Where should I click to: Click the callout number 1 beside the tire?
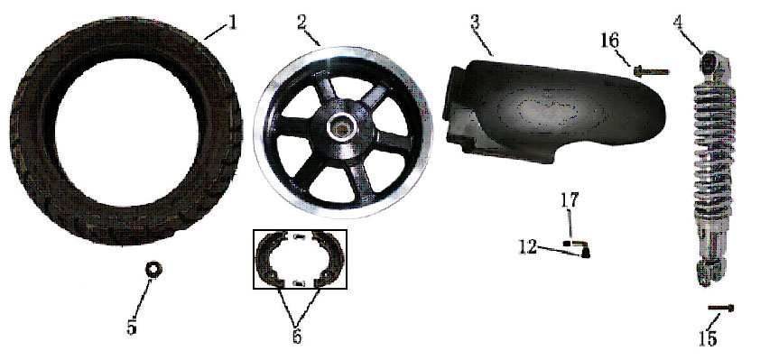coord(233,22)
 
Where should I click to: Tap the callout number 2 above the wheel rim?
coord(302,23)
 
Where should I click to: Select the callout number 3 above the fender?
coord(475,23)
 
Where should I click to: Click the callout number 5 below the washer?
coord(132,327)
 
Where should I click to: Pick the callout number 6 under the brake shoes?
coord(297,336)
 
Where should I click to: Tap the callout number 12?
coord(528,247)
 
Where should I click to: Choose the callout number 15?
coord(707,338)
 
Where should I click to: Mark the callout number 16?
coord(610,41)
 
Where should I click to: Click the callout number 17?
coord(570,200)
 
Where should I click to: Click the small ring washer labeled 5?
coord(154,269)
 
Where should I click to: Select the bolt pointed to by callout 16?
coord(651,71)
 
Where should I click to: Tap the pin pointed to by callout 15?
coord(721,307)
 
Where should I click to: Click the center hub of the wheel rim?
coord(342,129)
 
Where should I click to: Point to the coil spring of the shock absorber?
coord(714,149)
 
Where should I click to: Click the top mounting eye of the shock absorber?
coord(709,62)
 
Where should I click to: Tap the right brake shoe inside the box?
coord(329,258)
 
